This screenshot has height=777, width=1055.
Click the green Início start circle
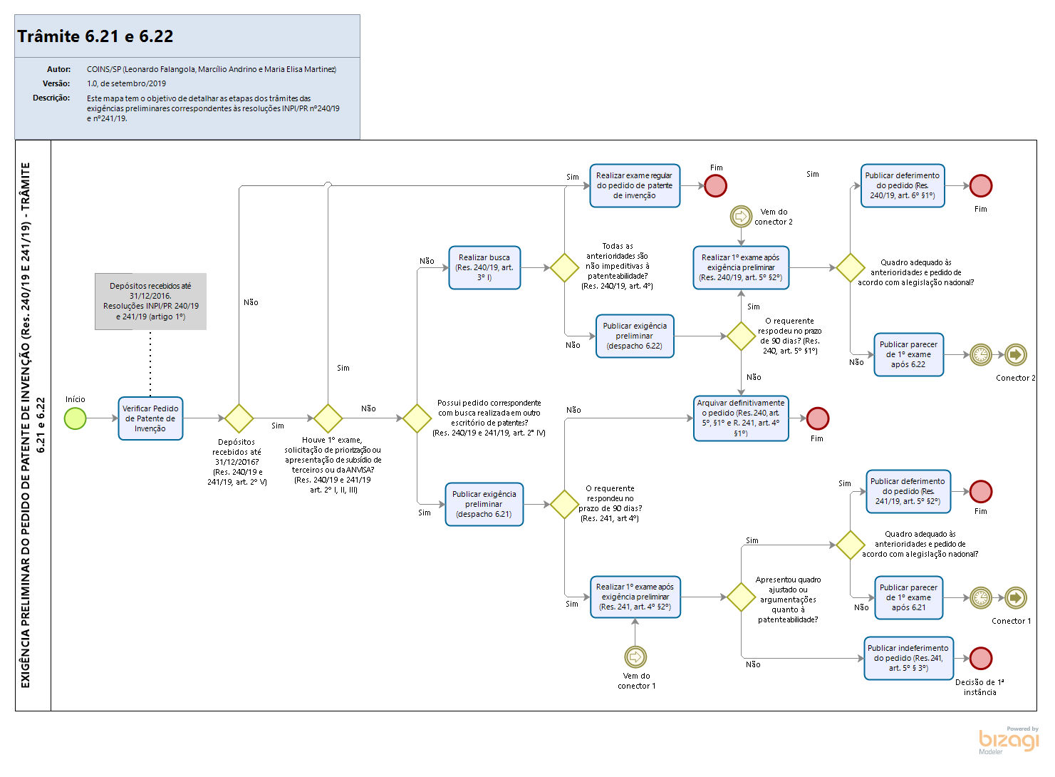75,418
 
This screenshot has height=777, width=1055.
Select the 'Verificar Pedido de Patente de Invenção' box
150,418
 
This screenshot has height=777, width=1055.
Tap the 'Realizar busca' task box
484,267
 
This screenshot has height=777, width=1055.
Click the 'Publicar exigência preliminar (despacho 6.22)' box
635,336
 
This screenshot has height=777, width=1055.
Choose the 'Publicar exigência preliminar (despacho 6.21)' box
484,504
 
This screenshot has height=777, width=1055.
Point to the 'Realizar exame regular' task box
635,185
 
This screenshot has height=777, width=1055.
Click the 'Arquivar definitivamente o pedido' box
741,418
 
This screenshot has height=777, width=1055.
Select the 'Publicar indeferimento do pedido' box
908,658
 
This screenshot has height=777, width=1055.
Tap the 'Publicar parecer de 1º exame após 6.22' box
908,354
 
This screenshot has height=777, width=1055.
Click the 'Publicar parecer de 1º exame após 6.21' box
908,597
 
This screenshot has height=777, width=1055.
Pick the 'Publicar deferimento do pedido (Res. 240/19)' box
903,185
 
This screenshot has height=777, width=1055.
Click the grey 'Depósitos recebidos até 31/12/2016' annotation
150,302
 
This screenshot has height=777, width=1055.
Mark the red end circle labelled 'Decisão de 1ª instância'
981,658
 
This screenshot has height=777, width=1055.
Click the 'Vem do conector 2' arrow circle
741,216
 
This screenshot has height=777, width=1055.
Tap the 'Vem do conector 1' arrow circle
635,656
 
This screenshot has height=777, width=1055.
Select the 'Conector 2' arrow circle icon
1016,354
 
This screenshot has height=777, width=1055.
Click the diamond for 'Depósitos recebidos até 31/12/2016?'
239,418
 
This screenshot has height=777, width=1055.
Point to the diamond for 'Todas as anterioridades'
564,267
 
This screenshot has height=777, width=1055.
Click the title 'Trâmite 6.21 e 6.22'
95,36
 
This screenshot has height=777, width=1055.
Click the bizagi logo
1009,741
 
